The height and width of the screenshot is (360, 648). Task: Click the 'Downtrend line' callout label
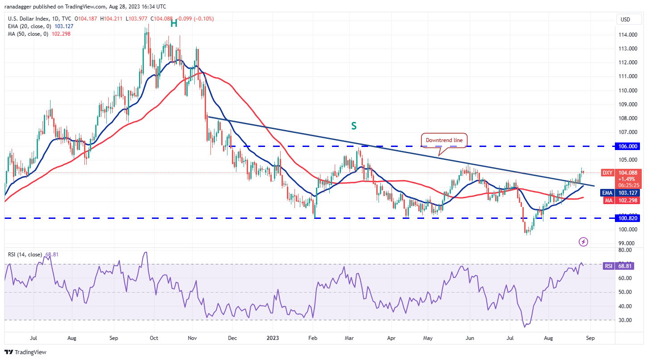[x=444, y=140]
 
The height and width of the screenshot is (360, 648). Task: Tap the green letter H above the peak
[x=174, y=23]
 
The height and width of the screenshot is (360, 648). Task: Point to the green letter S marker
[x=353, y=126]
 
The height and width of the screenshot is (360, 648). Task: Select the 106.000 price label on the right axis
[x=629, y=146]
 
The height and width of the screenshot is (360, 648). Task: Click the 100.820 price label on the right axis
[x=629, y=218]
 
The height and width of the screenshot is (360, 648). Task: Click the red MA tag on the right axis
[x=608, y=201]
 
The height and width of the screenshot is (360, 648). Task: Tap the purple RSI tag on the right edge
[x=608, y=266]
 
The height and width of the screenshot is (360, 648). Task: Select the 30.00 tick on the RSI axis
[x=627, y=320]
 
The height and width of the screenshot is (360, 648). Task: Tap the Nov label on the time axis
[x=192, y=339]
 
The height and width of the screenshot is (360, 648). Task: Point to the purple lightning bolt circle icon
[x=583, y=242]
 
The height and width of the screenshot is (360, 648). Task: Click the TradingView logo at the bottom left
[x=25, y=352]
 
